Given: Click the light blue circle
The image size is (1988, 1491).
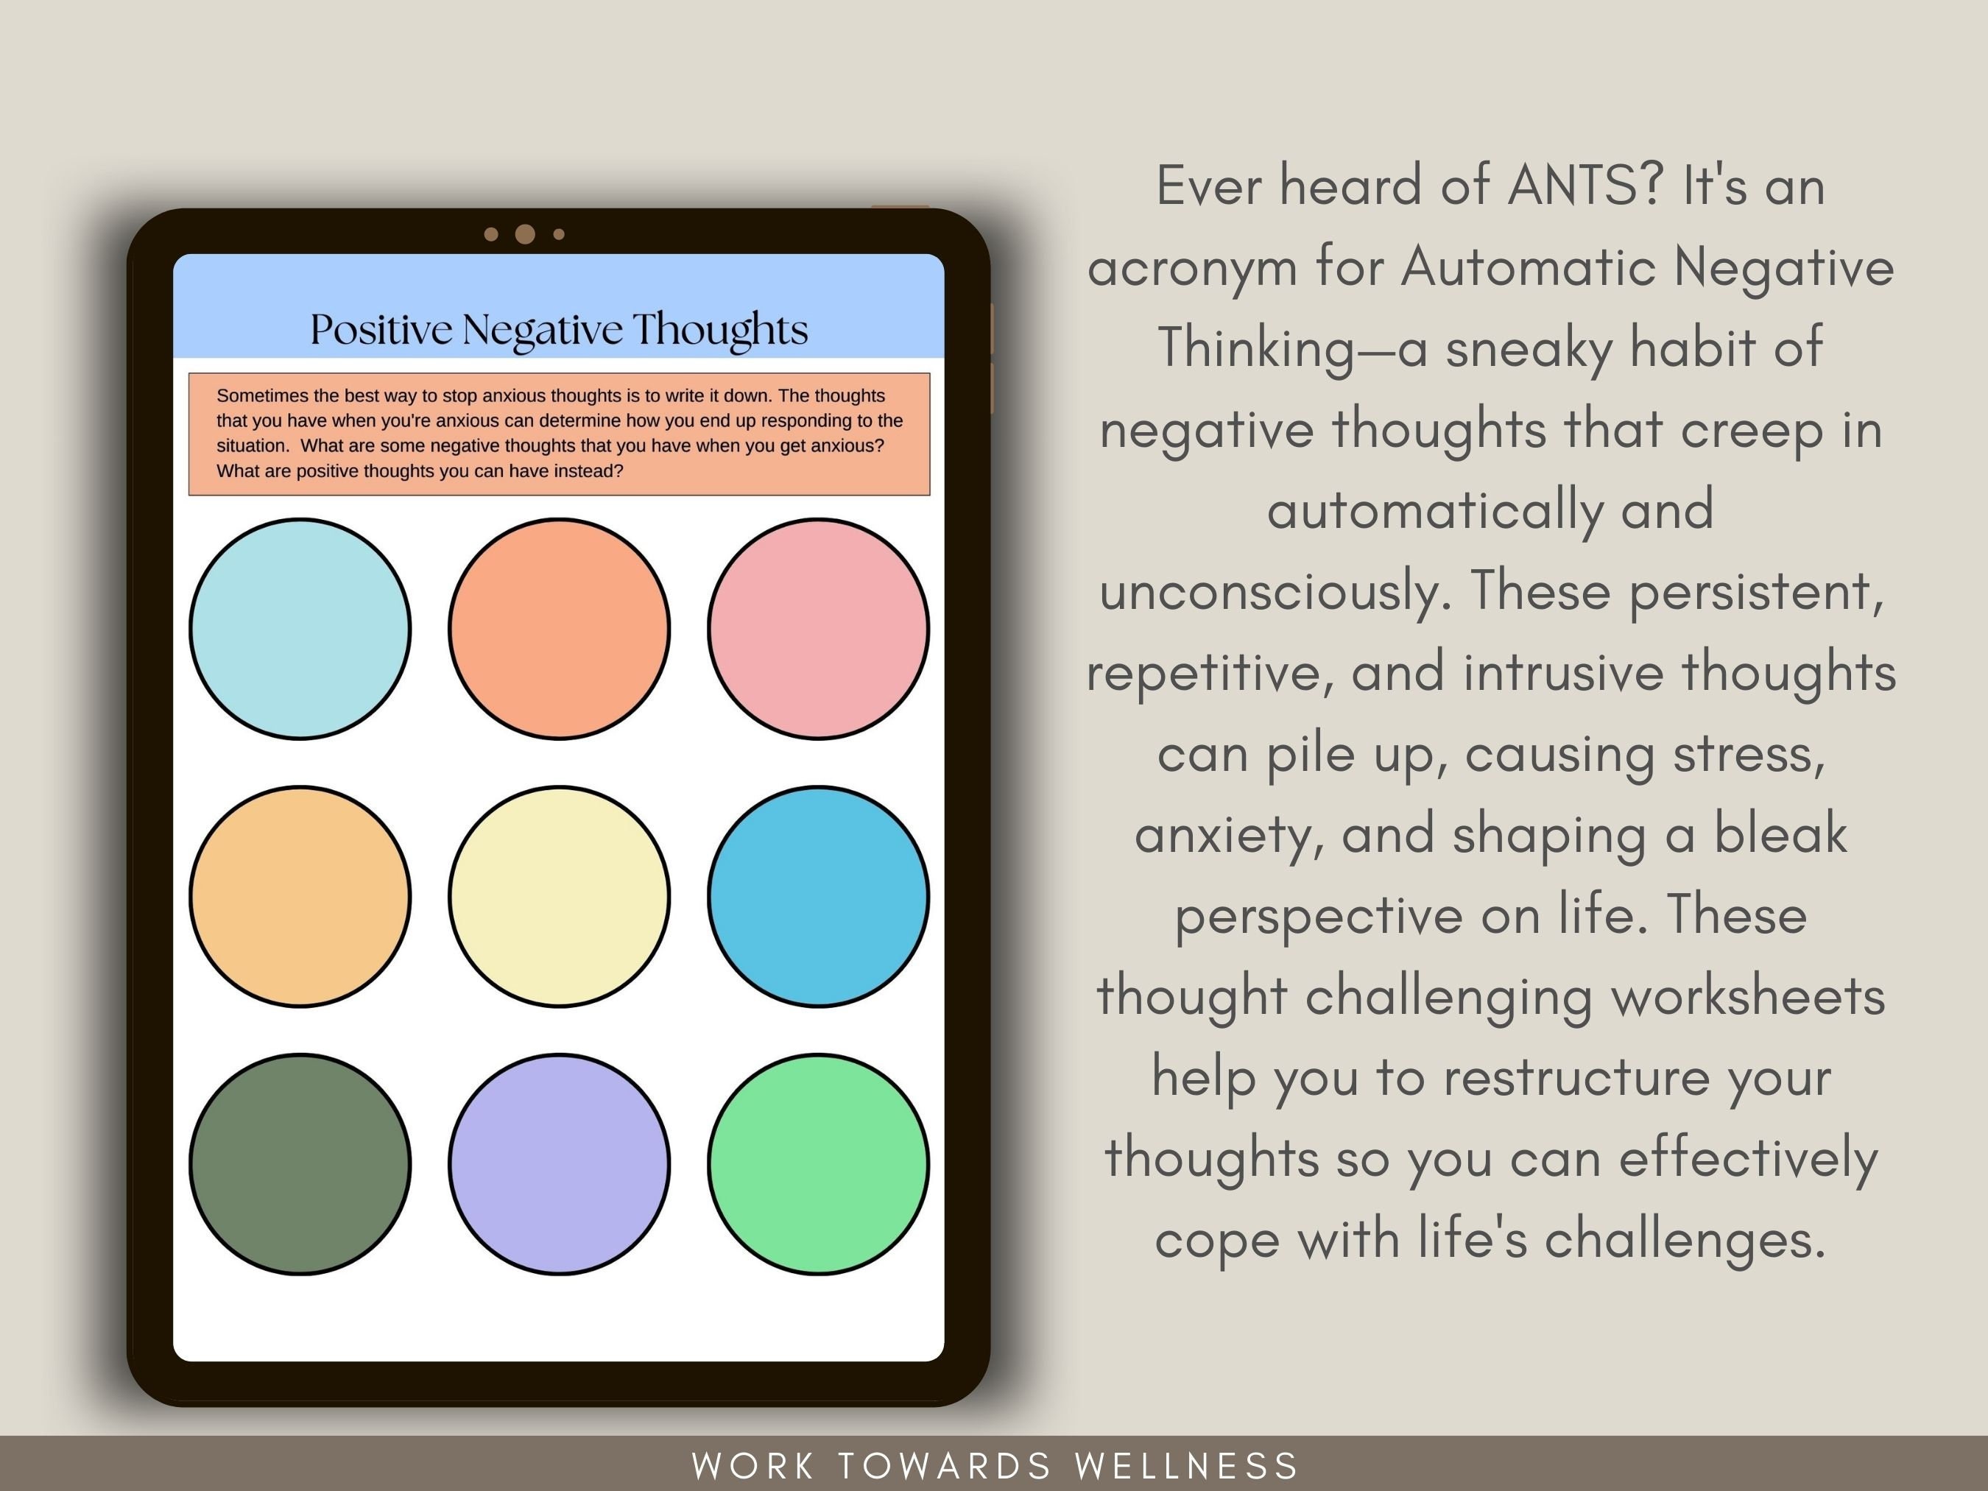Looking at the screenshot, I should [x=300, y=629].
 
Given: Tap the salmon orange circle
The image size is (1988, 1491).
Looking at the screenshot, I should [x=559, y=629].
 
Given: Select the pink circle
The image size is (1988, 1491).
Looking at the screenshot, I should [x=818, y=629].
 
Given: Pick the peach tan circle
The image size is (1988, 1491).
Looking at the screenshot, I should [x=300, y=897].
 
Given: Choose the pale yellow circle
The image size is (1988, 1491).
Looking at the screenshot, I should [x=559, y=897].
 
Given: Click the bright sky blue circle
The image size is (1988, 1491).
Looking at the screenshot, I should [x=818, y=897].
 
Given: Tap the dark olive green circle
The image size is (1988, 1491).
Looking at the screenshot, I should [x=300, y=1164].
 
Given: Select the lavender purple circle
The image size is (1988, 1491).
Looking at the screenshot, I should [x=559, y=1164].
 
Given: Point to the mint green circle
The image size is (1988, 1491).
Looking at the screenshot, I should [x=818, y=1164].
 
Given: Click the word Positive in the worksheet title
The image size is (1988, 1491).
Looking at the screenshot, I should [x=381, y=330].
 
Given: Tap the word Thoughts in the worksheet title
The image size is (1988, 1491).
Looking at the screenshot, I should [x=720, y=330].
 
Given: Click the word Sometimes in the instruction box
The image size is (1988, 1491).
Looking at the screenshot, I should [x=255, y=395].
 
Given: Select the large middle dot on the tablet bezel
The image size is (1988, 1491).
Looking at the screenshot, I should [x=525, y=235].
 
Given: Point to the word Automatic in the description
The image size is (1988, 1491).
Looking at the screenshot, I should [x=1528, y=267].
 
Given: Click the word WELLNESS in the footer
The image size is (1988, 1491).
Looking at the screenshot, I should [x=1187, y=1466].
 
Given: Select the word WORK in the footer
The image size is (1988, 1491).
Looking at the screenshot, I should [x=752, y=1466].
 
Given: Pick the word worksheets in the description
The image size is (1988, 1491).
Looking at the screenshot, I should [x=1747, y=997].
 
